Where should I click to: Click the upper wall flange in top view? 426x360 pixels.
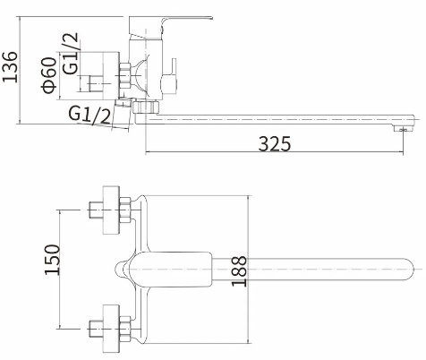[x=113, y=212]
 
